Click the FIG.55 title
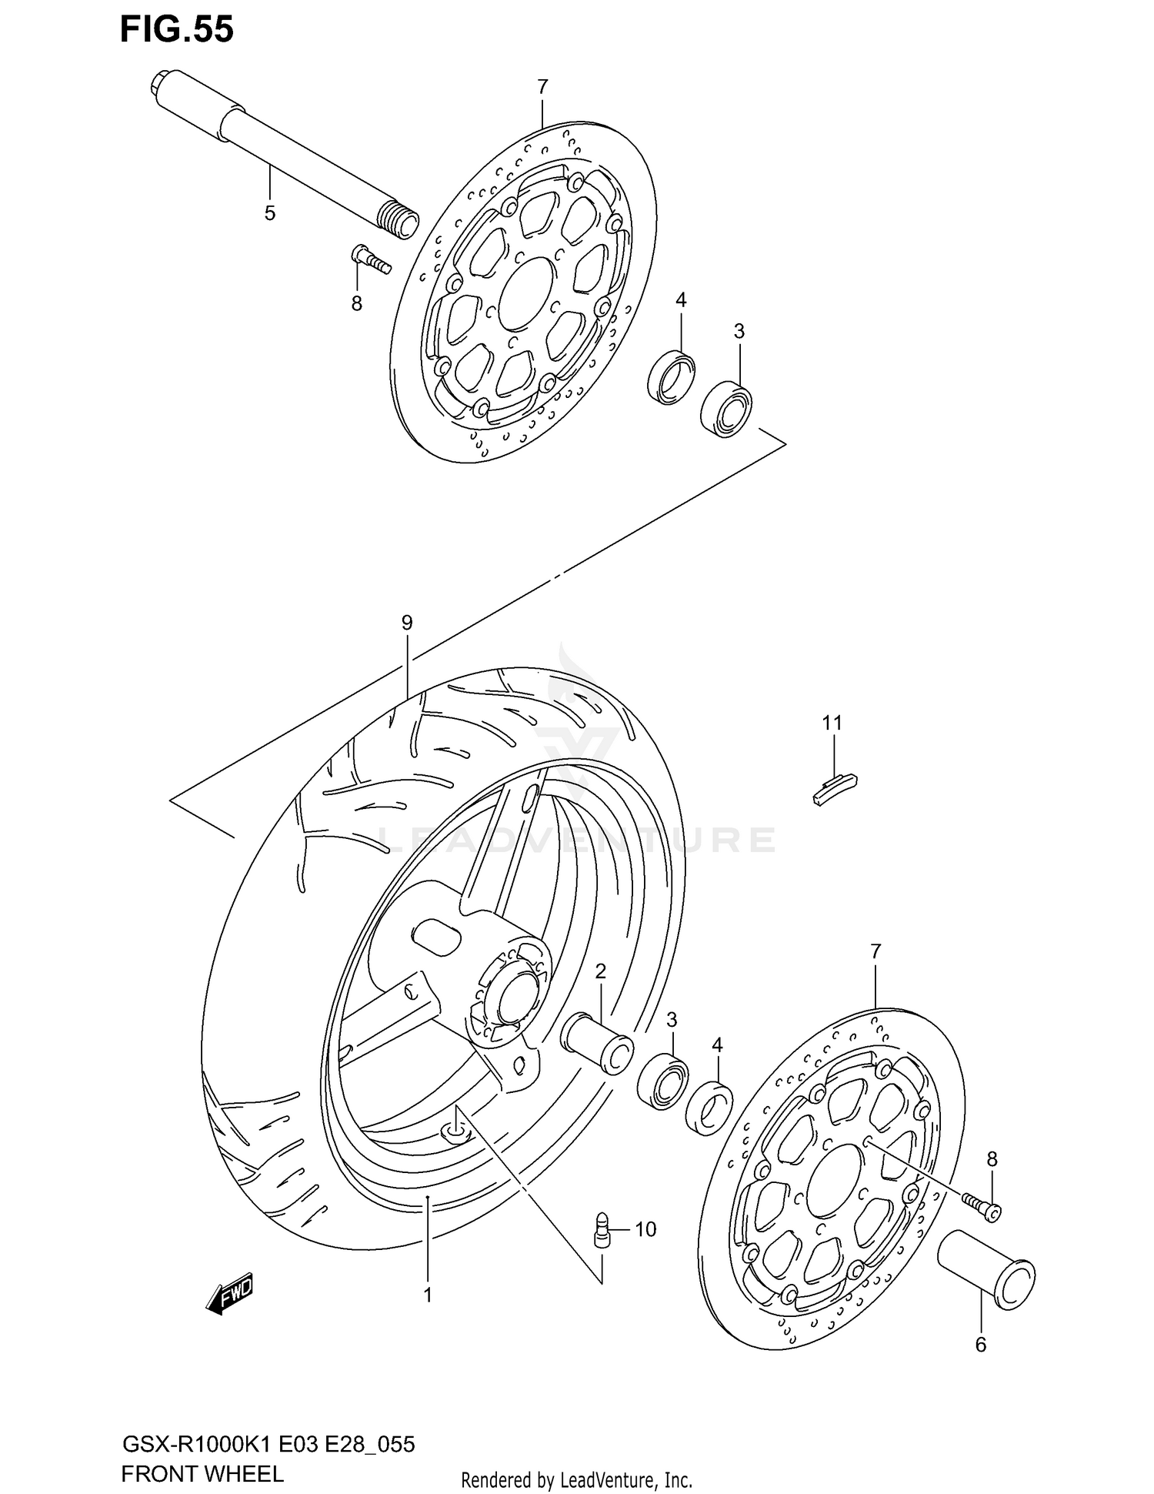(176, 30)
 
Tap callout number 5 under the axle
(269, 213)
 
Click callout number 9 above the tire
(407, 623)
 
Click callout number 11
(832, 723)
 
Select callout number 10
(645, 1229)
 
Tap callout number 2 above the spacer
(600, 971)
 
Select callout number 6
(980, 1345)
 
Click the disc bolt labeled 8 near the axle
(371, 259)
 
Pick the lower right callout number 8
(992, 1158)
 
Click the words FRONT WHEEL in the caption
(202, 1473)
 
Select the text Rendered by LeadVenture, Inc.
(576, 1479)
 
